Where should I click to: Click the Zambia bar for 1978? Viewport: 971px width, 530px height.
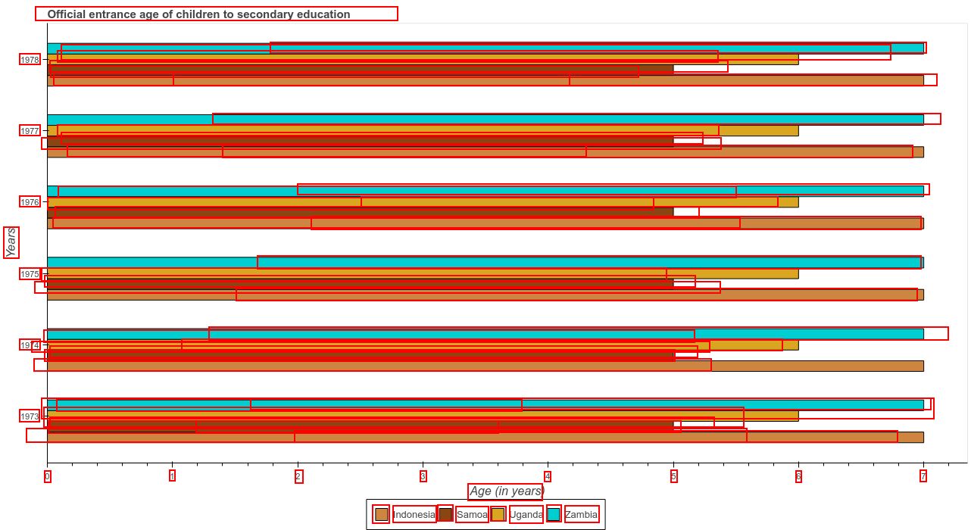pyautogui.click(x=485, y=48)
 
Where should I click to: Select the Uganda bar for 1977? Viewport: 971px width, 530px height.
pyautogui.click(x=423, y=130)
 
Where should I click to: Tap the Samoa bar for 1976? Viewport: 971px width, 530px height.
pyautogui.click(x=360, y=212)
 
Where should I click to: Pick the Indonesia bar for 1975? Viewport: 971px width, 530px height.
pyautogui.click(x=485, y=295)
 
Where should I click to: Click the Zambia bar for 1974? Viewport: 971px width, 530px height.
pyautogui.click(x=485, y=334)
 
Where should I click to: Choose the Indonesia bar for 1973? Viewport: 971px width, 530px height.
pyautogui.click(x=485, y=437)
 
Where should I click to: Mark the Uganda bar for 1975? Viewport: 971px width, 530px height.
pyautogui.click(x=423, y=273)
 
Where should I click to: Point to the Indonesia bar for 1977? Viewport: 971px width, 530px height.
pyautogui.click(x=485, y=152)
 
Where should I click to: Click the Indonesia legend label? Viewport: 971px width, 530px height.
pyautogui.click(x=414, y=515)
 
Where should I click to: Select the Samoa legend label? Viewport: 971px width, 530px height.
pyautogui.click(x=472, y=515)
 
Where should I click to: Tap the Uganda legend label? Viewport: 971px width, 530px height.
pyautogui.click(x=526, y=515)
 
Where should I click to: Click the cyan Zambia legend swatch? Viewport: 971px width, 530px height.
pyautogui.click(x=554, y=514)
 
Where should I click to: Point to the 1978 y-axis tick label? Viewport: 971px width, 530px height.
pyautogui.click(x=30, y=60)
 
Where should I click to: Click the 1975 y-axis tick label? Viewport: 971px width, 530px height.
pyautogui.click(x=30, y=274)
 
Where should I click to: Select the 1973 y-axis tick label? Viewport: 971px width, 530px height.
pyautogui.click(x=30, y=416)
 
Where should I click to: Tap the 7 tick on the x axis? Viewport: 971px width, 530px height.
pyautogui.click(x=923, y=476)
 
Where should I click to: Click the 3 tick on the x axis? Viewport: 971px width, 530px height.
pyautogui.click(x=423, y=476)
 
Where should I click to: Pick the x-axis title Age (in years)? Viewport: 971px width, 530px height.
pyautogui.click(x=506, y=491)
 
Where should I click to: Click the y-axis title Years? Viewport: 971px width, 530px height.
pyautogui.click(x=11, y=242)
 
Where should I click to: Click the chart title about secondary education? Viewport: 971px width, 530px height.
pyautogui.click(x=198, y=14)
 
